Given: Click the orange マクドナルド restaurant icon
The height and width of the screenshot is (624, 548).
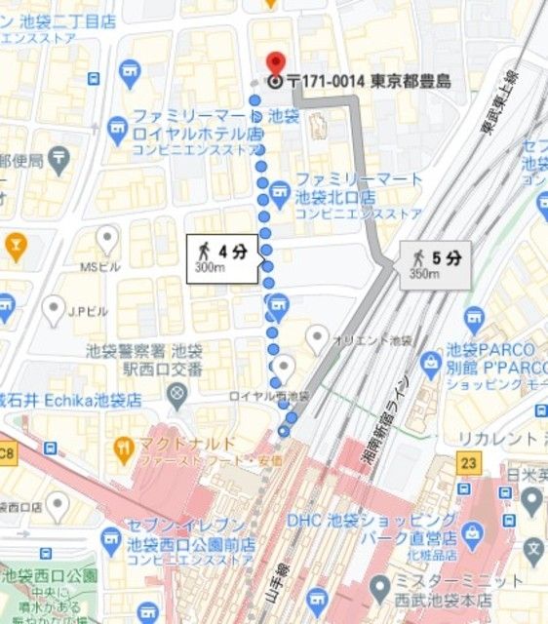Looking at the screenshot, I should pyautogui.click(x=123, y=449).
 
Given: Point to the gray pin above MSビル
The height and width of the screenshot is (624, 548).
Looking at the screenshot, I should pyautogui.click(x=107, y=237).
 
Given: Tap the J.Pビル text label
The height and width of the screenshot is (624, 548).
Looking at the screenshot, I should pyautogui.click(x=88, y=313).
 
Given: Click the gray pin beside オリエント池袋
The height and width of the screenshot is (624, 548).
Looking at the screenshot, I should pyautogui.click(x=317, y=338).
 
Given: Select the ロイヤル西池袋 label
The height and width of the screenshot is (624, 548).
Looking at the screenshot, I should pyautogui.click(x=268, y=396).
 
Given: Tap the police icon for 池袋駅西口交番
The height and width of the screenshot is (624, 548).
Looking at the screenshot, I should pyautogui.click(x=177, y=395).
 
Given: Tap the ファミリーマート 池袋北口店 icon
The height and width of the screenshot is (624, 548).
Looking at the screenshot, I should pyautogui.click(x=280, y=188).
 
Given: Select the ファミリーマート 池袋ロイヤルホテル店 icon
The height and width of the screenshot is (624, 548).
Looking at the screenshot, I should pyautogui.click(x=118, y=127).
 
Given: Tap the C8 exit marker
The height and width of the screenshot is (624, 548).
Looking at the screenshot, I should pyautogui.click(x=8, y=451).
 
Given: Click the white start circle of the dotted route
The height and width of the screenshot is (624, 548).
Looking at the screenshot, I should pyautogui.click(x=284, y=431).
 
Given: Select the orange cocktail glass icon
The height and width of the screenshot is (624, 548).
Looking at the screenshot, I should pyautogui.click(x=15, y=244).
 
